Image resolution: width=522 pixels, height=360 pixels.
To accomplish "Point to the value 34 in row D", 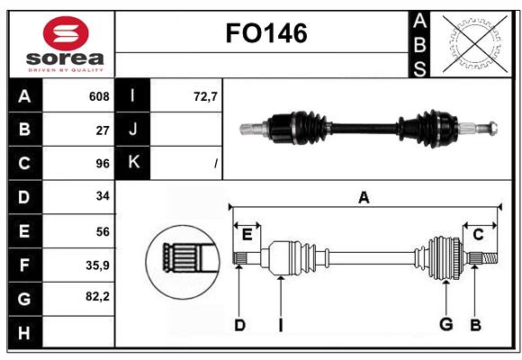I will [103, 195].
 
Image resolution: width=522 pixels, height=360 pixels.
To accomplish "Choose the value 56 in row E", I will [103, 230].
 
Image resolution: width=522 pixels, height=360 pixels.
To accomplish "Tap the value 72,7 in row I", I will [206, 96].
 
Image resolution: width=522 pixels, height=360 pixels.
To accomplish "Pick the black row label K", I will [133, 163].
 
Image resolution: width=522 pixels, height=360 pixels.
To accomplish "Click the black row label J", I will [133, 130].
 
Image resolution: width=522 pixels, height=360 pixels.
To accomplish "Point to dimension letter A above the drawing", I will [364, 198].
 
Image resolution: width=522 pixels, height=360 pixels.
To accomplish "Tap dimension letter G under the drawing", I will [445, 325].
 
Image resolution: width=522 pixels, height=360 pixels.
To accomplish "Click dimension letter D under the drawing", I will [239, 325].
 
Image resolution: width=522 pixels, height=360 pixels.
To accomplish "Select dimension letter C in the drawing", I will [478, 234].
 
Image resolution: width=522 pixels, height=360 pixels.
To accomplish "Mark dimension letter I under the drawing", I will [280, 325].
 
